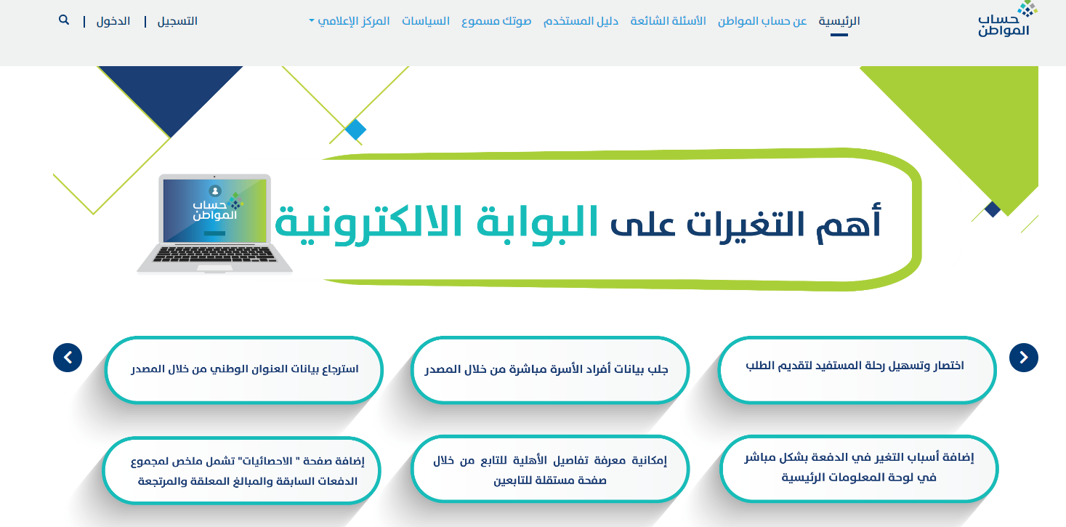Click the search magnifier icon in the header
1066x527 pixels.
64,20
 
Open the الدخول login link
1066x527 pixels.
113,21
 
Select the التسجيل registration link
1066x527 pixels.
177,21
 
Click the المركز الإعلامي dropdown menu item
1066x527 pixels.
350,21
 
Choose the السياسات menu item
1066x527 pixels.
426,21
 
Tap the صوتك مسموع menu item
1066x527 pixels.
496,21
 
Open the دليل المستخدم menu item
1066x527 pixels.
581,21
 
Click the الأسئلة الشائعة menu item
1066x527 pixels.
668,21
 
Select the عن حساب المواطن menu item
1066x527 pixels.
762,21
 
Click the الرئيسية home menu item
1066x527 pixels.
839,21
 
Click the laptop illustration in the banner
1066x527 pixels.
214,224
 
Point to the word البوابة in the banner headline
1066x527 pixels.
537,223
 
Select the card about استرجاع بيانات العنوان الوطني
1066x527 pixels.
243,370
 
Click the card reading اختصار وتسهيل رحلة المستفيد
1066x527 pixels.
857,370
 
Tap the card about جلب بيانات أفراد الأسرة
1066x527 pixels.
549,370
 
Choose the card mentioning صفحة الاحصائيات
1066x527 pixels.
241,470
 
